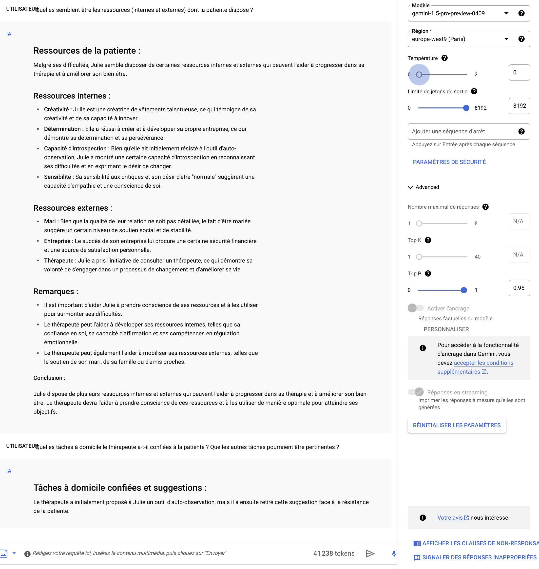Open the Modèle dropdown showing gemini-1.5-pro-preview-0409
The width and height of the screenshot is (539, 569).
pyautogui.click(x=460, y=13)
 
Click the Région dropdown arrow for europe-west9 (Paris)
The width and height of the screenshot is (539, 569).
pyautogui.click(x=506, y=39)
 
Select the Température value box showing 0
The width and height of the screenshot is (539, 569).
pyautogui.click(x=519, y=72)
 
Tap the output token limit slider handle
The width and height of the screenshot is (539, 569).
pyautogui.click(x=466, y=108)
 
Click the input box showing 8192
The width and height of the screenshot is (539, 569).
pyautogui.click(x=519, y=106)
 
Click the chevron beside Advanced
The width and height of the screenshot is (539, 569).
pyautogui.click(x=410, y=187)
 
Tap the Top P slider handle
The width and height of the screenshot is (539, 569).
pyautogui.click(x=464, y=290)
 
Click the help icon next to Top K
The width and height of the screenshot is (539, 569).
pyautogui.click(x=428, y=240)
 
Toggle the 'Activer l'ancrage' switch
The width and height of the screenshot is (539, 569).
pyautogui.click(x=415, y=308)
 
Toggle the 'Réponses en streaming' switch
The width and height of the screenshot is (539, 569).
pyautogui.click(x=415, y=392)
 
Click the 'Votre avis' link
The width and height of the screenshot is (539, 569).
pyautogui.click(x=450, y=518)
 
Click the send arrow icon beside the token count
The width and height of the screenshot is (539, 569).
pyautogui.click(x=370, y=553)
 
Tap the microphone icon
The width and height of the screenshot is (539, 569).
pyautogui.click(x=394, y=553)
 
